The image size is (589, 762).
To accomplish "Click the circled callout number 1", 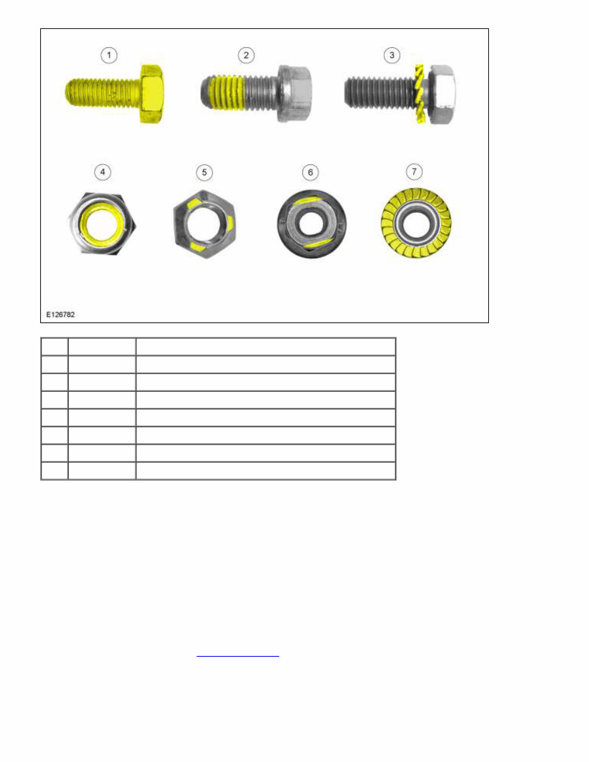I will [x=110, y=55].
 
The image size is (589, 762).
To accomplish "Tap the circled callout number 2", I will [x=246, y=55].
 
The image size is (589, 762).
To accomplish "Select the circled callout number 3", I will [x=392, y=55].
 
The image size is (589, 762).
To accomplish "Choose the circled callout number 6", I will [x=310, y=172].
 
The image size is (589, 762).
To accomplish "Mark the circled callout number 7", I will [x=414, y=172].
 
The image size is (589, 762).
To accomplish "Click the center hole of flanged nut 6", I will [x=311, y=224].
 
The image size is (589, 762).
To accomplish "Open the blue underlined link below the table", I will [x=237, y=656].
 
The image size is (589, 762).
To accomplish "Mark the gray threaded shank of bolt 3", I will [x=378, y=93].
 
